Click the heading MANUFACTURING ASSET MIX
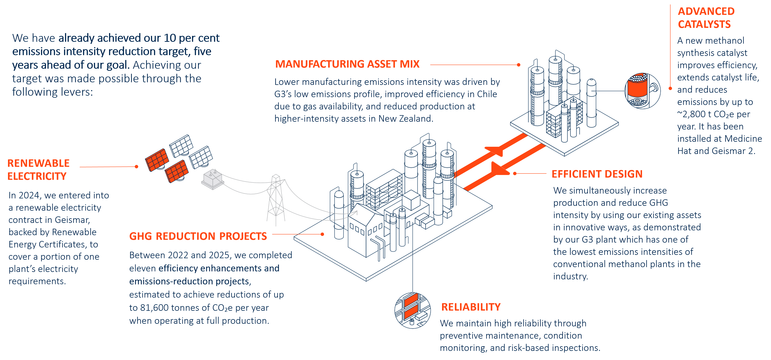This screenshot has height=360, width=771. (347, 64)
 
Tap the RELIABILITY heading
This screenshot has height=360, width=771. (471, 307)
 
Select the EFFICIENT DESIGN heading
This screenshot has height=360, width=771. (597, 174)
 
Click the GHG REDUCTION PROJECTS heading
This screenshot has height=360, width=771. (198, 236)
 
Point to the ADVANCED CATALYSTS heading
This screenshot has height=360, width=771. (706, 18)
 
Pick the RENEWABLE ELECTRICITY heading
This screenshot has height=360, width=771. (38, 170)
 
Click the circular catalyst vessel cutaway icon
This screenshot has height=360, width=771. (642, 90)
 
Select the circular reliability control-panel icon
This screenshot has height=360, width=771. (412, 310)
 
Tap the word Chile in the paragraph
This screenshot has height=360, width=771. (487, 94)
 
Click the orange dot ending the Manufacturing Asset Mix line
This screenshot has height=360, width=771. (519, 65)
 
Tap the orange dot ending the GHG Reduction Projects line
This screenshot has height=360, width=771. (322, 234)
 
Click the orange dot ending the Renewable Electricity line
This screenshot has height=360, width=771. (137, 167)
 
